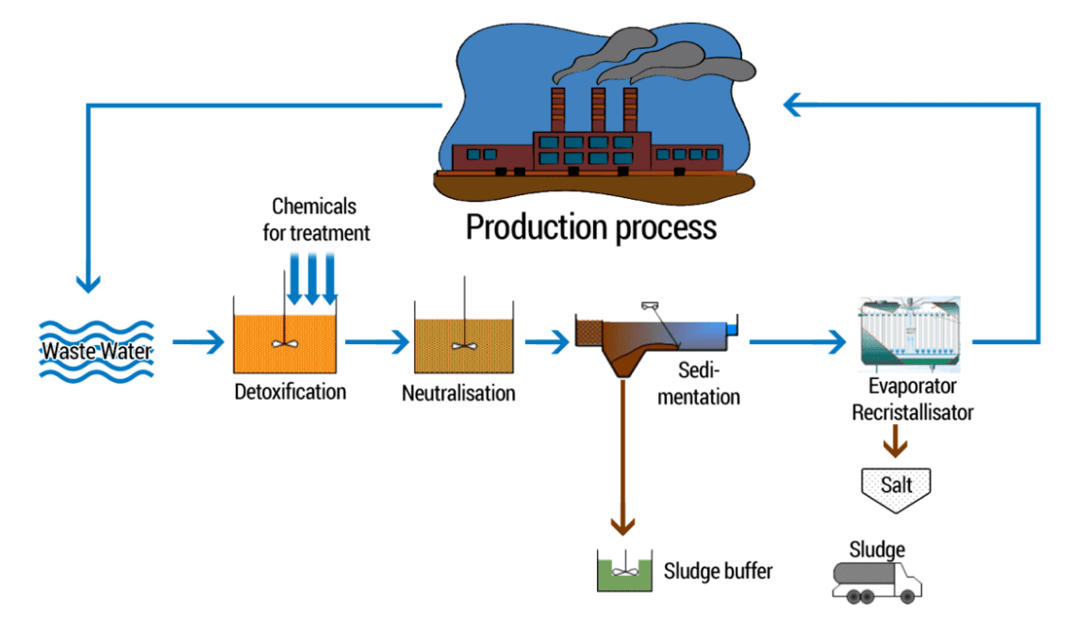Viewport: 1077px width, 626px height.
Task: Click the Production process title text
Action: [591, 227]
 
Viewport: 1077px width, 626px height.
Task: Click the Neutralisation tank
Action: [463, 339]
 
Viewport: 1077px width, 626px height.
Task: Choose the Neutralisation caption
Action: [458, 392]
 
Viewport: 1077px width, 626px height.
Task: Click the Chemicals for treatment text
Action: [316, 219]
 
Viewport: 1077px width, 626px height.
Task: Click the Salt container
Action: [895, 485]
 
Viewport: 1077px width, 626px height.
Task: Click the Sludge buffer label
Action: [718, 570]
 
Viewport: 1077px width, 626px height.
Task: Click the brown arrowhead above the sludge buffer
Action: [621, 525]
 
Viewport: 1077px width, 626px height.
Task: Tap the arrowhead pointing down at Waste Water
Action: [88, 279]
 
